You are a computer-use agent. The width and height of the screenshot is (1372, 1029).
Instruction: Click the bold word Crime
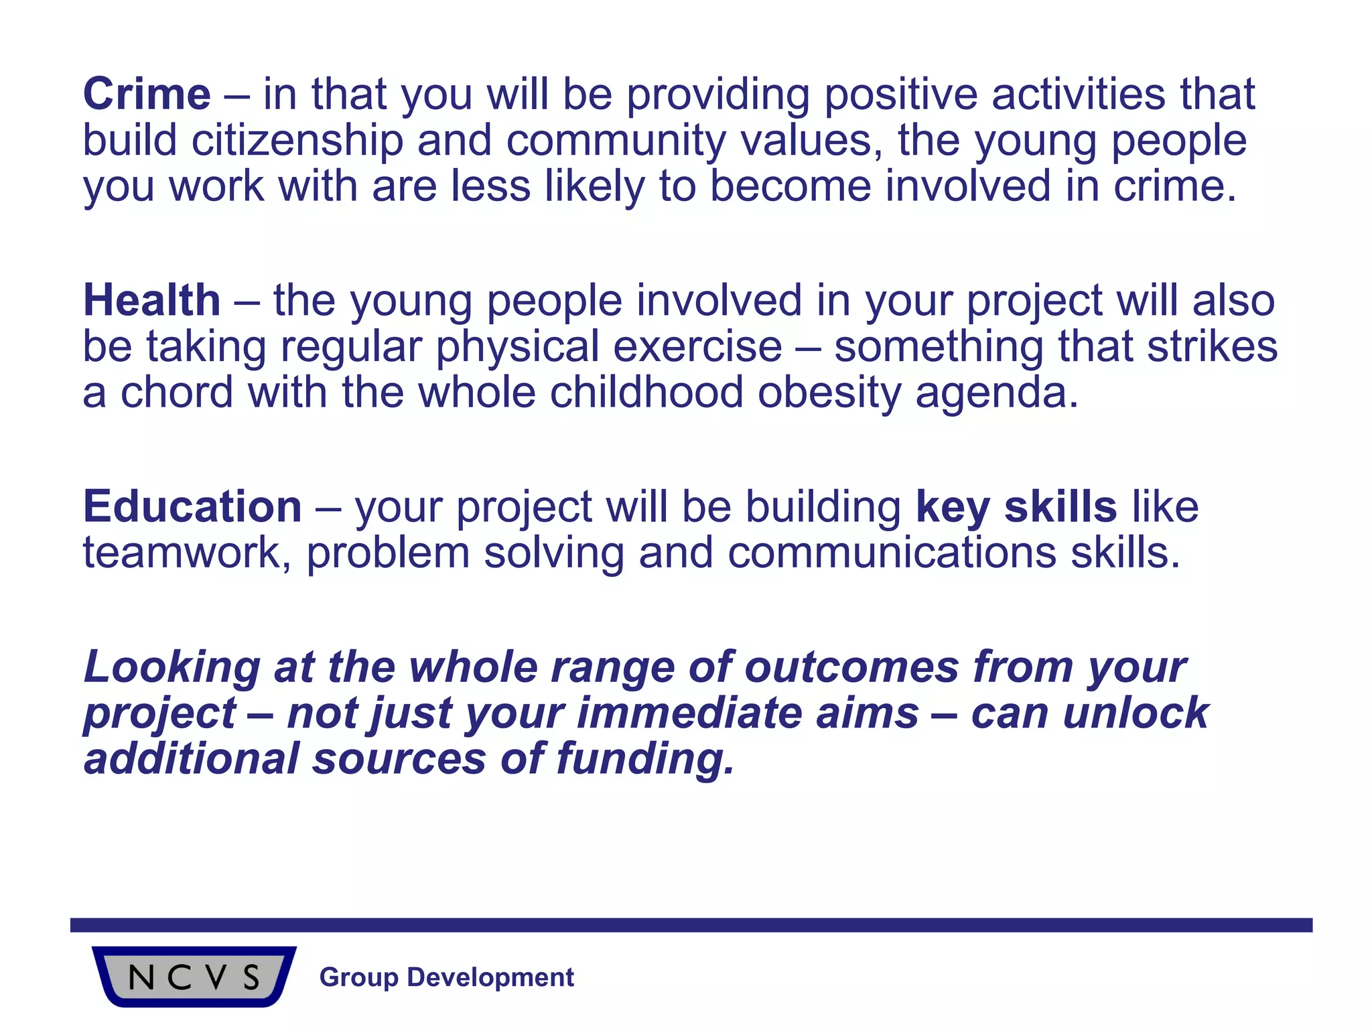point(147,94)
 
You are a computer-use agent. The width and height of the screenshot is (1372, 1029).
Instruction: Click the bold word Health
point(151,300)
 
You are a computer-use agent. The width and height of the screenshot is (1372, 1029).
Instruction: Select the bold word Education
point(192,506)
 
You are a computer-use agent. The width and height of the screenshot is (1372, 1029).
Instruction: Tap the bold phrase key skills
point(1016,506)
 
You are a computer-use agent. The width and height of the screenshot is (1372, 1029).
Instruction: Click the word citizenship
point(297,141)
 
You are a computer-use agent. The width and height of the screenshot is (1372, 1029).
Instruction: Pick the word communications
point(892,553)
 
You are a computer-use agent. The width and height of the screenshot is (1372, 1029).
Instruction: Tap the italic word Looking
point(171,667)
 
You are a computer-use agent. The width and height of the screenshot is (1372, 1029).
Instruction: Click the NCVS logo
point(194,977)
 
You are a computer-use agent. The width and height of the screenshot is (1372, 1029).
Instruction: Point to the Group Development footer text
point(447,977)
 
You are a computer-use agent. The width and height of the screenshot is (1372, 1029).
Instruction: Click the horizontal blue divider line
point(690,925)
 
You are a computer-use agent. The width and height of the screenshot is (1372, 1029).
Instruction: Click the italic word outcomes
point(851,667)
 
